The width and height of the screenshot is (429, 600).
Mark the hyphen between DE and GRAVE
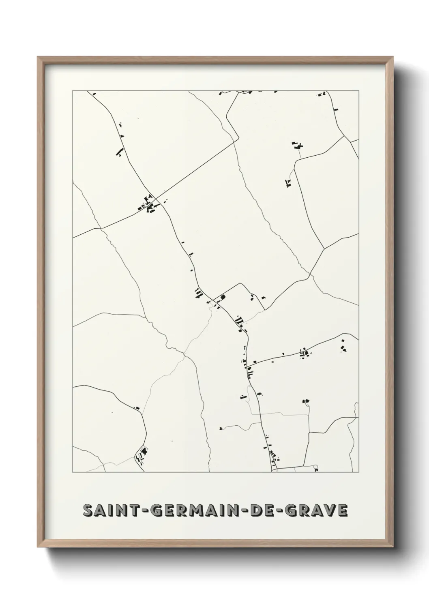click(x=280, y=511)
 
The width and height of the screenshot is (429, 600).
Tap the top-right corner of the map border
click(x=358, y=91)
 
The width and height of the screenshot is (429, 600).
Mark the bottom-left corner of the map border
click(x=73, y=472)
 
